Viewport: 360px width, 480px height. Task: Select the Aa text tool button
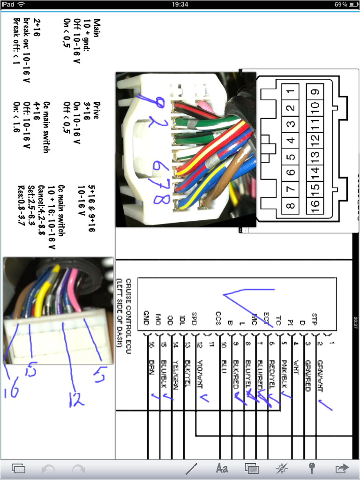click(222, 468)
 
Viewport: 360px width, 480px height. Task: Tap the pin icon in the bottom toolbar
click(312, 468)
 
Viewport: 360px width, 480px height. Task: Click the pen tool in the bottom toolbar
click(192, 468)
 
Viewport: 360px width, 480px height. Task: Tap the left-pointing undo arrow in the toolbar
click(49, 468)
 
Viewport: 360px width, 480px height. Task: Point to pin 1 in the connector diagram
click(291, 92)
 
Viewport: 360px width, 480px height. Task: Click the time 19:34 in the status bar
click(180, 4)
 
